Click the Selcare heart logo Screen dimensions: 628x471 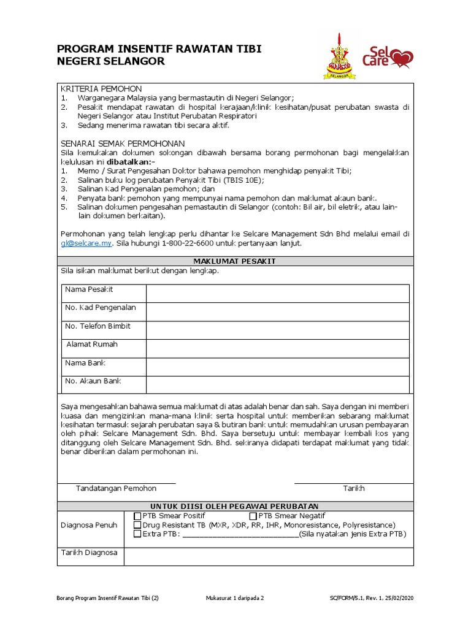point(388,57)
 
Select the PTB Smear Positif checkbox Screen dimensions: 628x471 point(137,516)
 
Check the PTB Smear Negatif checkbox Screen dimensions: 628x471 point(253,516)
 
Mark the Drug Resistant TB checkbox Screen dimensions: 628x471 point(137,525)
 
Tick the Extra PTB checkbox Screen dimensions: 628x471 point(137,534)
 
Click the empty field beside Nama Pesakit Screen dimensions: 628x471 point(277,294)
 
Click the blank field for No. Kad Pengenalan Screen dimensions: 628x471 point(277,312)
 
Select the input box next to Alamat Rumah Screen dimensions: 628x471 point(277,349)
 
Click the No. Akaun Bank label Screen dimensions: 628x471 point(93,381)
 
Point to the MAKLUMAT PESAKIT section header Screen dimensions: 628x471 point(235,261)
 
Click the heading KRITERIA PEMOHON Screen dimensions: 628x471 point(101,88)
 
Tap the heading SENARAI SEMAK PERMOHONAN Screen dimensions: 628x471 point(123,142)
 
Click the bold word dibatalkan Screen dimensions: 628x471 point(131,161)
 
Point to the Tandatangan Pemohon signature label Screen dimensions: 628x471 point(116,488)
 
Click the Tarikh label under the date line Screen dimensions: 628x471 point(353,488)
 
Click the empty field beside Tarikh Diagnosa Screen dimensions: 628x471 point(268,556)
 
